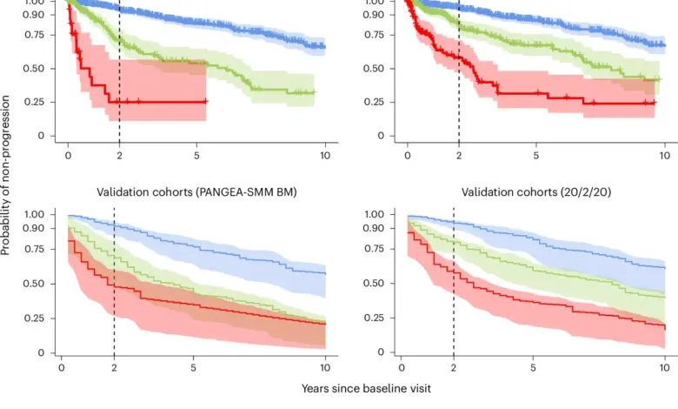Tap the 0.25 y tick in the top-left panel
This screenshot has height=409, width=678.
34,102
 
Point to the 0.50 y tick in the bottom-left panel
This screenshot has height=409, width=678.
34,284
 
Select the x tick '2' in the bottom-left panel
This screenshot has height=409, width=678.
113,367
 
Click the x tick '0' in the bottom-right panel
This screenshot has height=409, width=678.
401,367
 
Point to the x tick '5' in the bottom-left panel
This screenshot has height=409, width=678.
192,367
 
